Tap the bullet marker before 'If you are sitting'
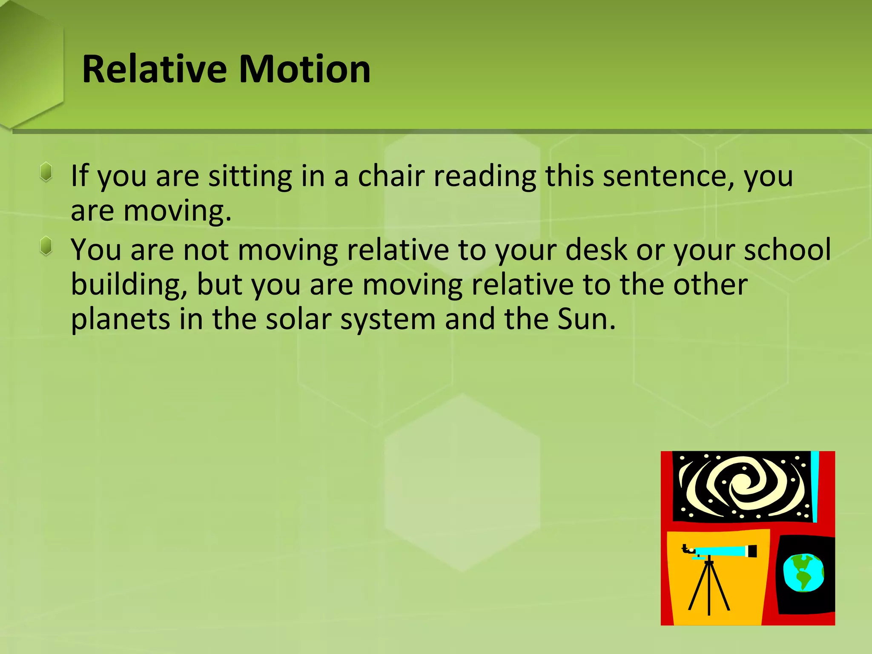click(46, 172)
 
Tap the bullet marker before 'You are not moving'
click(46, 246)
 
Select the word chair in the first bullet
click(391, 176)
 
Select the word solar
click(298, 320)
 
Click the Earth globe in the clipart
click(803, 573)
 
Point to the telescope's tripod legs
click(709, 590)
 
